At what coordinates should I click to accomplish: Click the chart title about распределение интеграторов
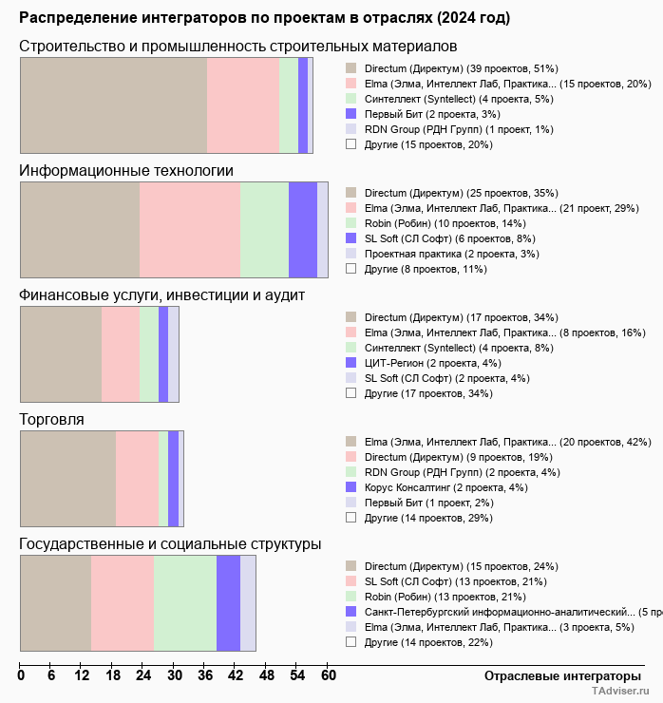pyautogui.click(x=264, y=18)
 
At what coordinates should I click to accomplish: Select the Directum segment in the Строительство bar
pyautogui.click(x=113, y=104)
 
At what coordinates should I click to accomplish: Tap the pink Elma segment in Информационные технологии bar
pyautogui.click(x=190, y=229)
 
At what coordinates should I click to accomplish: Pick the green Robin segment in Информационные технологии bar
pyautogui.click(x=264, y=229)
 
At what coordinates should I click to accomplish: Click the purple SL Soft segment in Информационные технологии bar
pyautogui.click(x=302, y=229)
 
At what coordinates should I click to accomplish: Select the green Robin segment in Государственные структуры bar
pyautogui.click(x=185, y=603)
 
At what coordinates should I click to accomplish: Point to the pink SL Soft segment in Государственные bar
pyautogui.click(x=123, y=603)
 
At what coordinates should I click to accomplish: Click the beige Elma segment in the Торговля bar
pyautogui.click(x=67, y=478)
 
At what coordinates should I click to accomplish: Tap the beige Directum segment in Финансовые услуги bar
pyautogui.click(x=61, y=354)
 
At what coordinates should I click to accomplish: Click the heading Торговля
pyautogui.click(x=52, y=419)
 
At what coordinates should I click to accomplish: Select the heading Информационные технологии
pyautogui.click(x=126, y=170)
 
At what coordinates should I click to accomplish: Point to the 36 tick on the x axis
pyautogui.click(x=205, y=676)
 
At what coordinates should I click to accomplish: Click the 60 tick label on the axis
pyautogui.click(x=328, y=676)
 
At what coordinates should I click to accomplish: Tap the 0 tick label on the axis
pyautogui.click(x=21, y=676)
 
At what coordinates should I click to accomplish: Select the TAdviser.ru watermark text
pyautogui.click(x=620, y=693)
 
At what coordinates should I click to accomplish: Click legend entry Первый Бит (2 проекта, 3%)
pyautogui.click(x=425, y=114)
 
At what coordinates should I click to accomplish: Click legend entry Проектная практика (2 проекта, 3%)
pyautogui.click(x=451, y=254)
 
